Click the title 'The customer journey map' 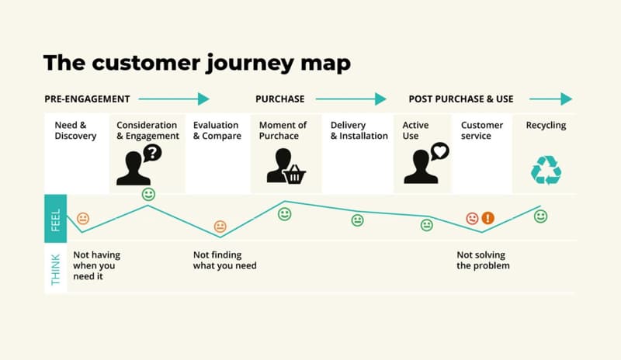pos(197,62)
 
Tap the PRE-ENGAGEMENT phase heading pos(87,99)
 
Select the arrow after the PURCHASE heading pos(351,99)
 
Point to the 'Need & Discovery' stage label pos(75,130)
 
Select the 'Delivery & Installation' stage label pos(359,130)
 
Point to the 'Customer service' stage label pos(482,130)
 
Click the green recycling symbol pos(546,170)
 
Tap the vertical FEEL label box pos(55,218)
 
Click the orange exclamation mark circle pos(487,218)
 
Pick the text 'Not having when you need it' pos(96,265)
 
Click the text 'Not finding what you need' pos(224,260)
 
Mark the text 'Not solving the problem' pos(483,260)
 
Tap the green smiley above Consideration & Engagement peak pos(148,194)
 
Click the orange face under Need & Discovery pos(83,218)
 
